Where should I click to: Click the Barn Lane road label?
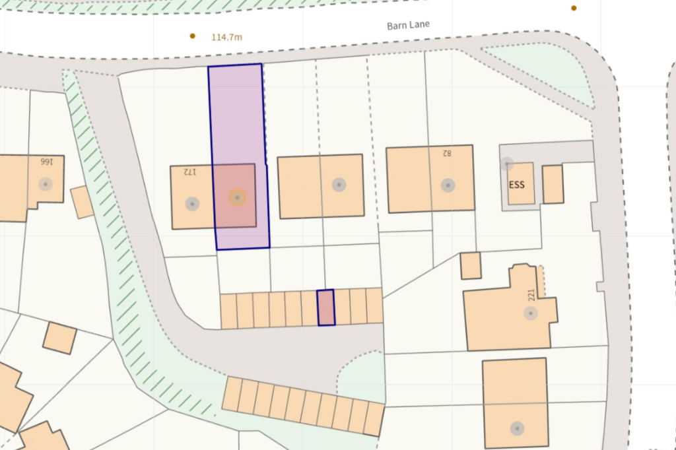(x=407, y=26)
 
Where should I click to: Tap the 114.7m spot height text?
(x=226, y=37)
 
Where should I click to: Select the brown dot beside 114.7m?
(x=193, y=36)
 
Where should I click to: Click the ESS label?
(x=517, y=185)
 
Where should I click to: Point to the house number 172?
(x=189, y=172)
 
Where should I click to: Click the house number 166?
(x=46, y=161)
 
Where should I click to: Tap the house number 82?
(x=446, y=153)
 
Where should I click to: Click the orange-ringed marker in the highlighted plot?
(x=237, y=197)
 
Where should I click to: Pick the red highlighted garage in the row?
(x=325, y=307)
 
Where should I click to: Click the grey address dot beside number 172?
(x=192, y=204)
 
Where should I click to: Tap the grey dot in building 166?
(x=45, y=184)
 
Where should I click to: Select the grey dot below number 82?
(x=448, y=185)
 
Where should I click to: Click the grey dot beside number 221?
(x=531, y=313)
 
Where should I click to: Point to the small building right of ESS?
(x=553, y=184)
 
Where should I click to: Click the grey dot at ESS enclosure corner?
(x=507, y=164)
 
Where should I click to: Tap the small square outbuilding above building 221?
(x=471, y=265)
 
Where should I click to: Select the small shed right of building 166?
(x=83, y=202)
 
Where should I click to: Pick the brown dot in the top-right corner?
(x=574, y=8)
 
